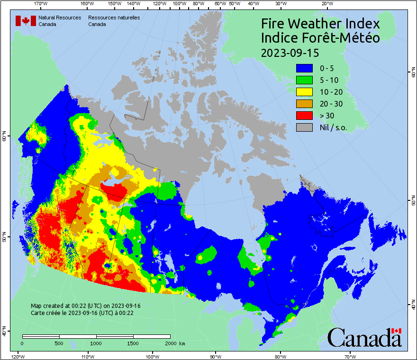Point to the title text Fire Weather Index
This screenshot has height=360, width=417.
coord(320,24)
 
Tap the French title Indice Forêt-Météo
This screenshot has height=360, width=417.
coord(320,38)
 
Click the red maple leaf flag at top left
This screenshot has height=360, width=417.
coord(26,21)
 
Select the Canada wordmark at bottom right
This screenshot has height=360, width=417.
coord(364,338)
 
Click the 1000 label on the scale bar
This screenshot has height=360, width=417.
coord(96,343)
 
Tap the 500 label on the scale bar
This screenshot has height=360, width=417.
coord(59,343)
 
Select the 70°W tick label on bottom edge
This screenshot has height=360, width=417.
coord(350,356)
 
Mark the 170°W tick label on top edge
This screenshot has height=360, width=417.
coord(41,4)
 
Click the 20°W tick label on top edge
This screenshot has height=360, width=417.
coord(326,4)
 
